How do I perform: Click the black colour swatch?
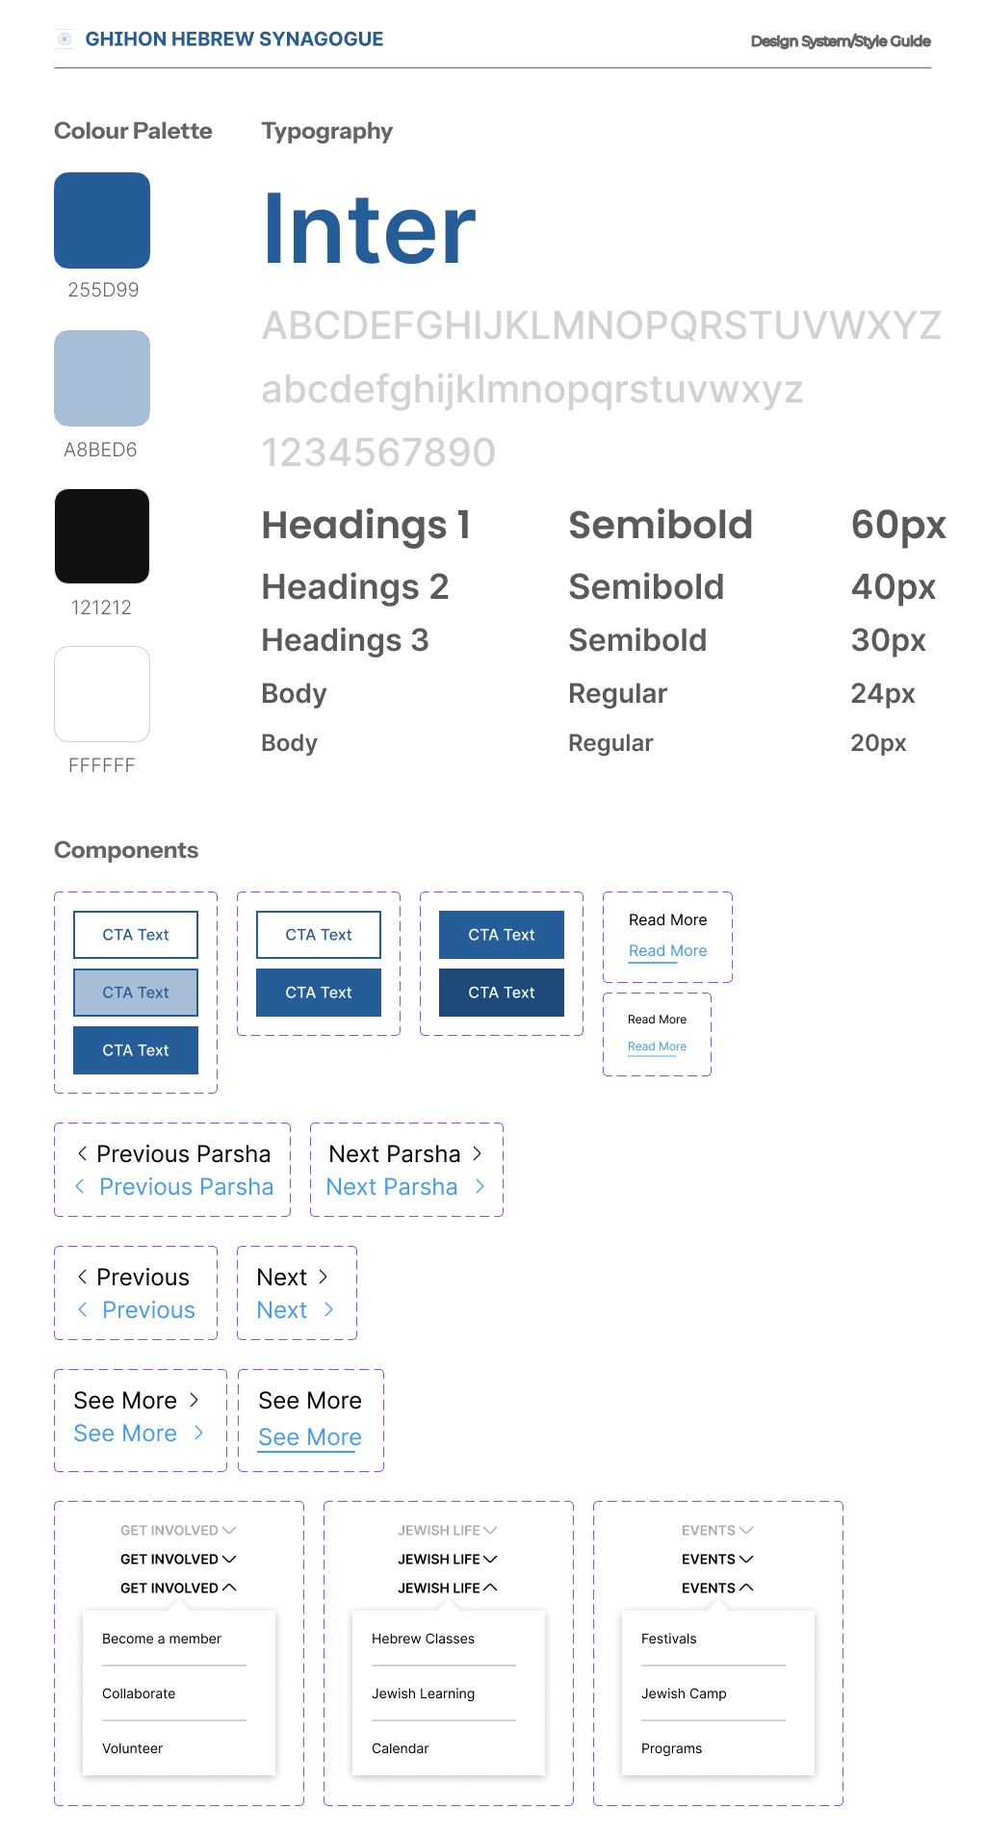point(102,536)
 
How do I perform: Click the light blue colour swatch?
point(102,378)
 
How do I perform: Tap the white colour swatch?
point(102,694)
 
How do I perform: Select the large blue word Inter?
point(370,229)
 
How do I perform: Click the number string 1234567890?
point(378,452)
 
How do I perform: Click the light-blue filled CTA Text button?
point(136,993)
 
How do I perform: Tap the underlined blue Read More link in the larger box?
point(667,951)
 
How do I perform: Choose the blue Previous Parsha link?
point(186,1187)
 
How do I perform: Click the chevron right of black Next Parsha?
point(478,1153)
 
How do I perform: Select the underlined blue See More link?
point(310,1437)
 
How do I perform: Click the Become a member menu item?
point(162,1639)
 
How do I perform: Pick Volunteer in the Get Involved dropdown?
point(133,1748)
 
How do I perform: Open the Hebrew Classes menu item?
point(423,1639)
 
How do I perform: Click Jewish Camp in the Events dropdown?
point(684,1693)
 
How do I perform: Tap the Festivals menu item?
point(669,1639)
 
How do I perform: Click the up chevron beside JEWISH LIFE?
point(491,1588)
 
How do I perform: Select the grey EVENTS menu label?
point(709,1531)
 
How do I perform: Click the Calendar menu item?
point(401,1748)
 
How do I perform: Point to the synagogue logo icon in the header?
point(65,39)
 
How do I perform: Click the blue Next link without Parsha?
point(282,1310)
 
